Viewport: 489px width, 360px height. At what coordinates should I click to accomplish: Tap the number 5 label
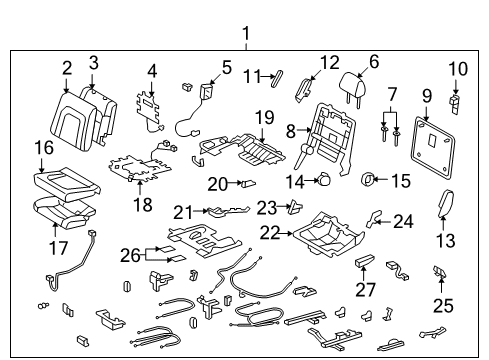pyautogui.click(x=226, y=68)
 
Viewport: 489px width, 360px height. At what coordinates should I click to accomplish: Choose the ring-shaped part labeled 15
pyautogui.click(x=369, y=181)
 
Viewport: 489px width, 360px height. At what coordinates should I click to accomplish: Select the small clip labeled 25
pyautogui.click(x=438, y=271)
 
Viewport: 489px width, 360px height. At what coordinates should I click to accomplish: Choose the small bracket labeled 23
pyautogui.click(x=294, y=207)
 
